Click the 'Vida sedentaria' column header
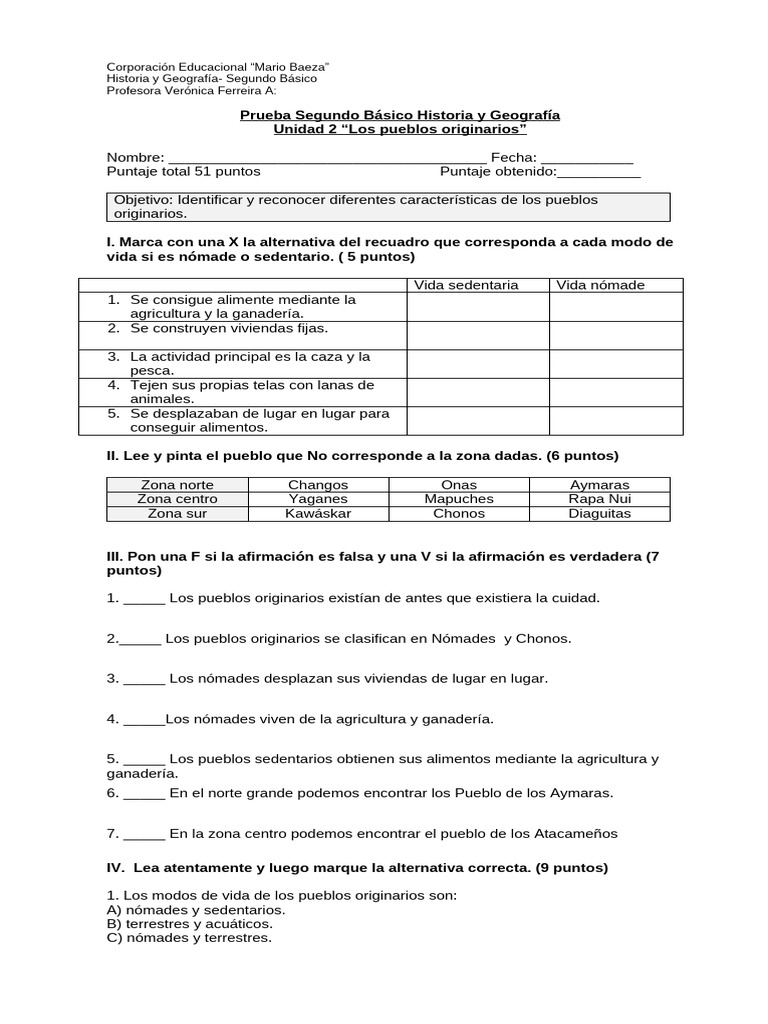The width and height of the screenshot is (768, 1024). [x=466, y=285]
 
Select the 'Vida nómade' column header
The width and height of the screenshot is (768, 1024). [x=600, y=285]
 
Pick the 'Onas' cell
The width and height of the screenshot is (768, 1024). [x=459, y=485]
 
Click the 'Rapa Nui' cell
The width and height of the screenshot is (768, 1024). [x=600, y=499]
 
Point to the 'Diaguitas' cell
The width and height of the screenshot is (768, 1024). [x=600, y=514]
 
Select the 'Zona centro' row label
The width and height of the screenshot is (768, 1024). [x=177, y=499]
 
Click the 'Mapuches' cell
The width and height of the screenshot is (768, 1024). [x=459, y=499]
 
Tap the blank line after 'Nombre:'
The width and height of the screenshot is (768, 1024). [x=327, y=159]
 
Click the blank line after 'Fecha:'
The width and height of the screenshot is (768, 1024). [x=587, y=159]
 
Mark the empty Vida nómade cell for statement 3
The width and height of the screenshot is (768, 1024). [x=616, y=363]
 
